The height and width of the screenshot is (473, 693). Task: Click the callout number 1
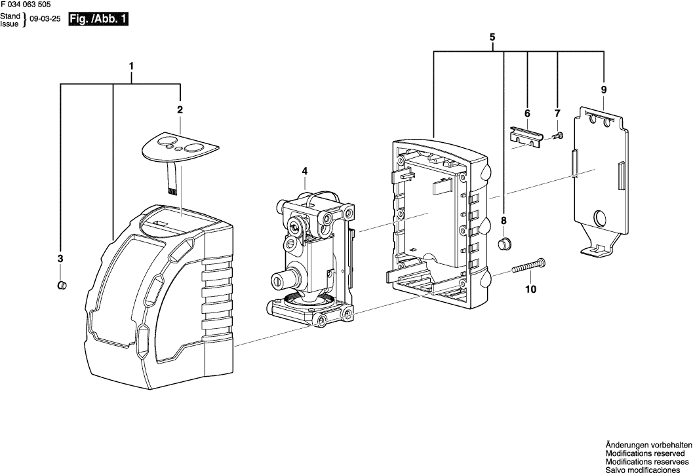pyautogui.click(x=132, y=66)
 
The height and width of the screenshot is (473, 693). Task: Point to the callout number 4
pyautogui.click(x=304, y=172)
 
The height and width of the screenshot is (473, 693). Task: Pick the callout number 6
pyautogui.click(x=526, y=113)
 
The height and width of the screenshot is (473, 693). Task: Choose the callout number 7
pyautogui.click(x=557, y=113)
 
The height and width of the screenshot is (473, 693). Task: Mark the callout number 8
pyautogui.click(x=504, y=220)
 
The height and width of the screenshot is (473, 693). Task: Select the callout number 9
pyautogui.click(x=603, y=89)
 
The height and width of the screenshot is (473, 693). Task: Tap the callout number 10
pyautogui.click(x=530, y=289)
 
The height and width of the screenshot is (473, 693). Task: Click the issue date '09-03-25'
pyautogui.click(x=45, y=20)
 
